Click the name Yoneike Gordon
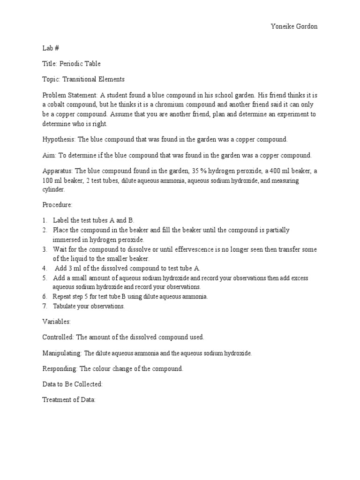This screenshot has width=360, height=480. pos(294,27)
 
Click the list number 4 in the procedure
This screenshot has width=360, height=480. pos(44,268)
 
